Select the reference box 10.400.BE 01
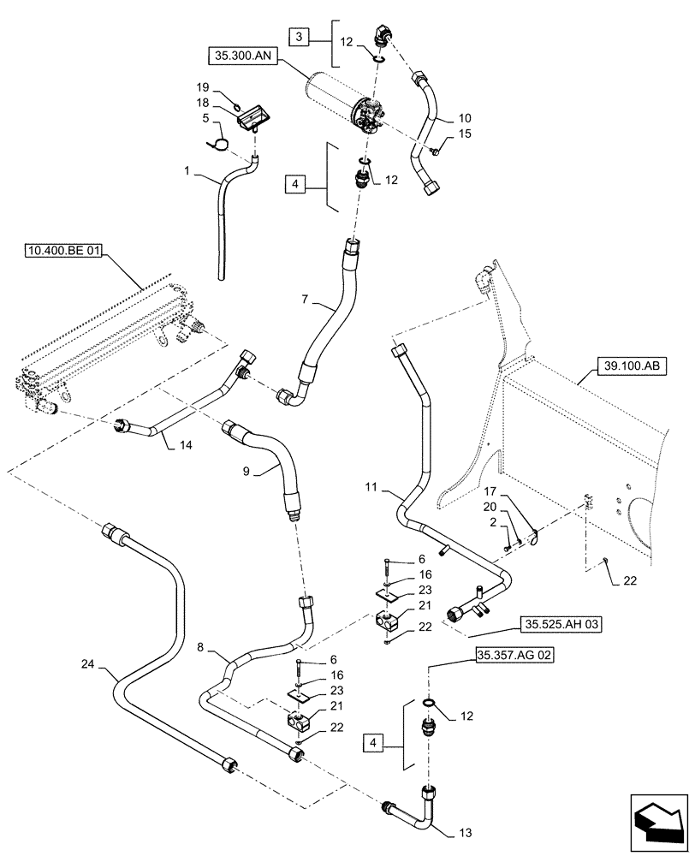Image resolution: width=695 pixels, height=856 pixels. coord(64,251)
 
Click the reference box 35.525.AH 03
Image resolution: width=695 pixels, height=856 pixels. coord(561,624)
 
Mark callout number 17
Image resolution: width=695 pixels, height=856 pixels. coord(489,492)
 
